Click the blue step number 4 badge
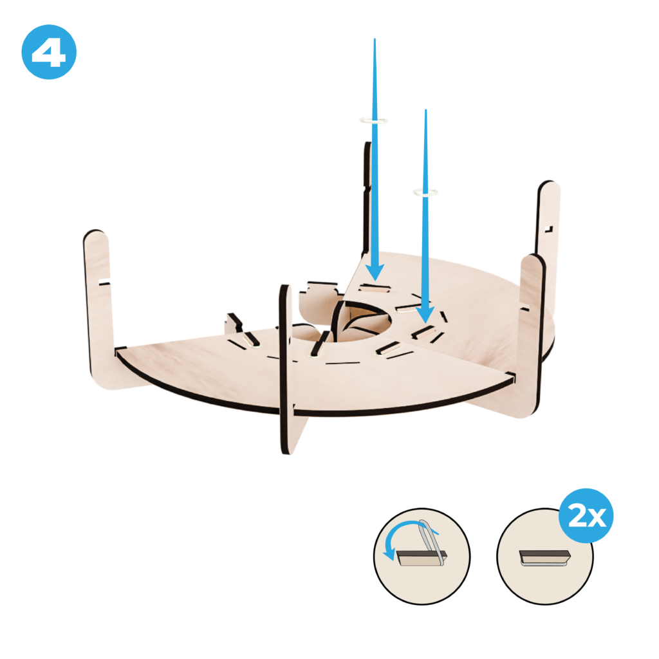point(49,52)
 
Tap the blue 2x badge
point(586,515)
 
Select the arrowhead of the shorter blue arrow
point(425,314)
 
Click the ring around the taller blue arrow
point(373,121)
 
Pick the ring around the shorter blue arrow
point(426,193)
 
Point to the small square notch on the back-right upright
point(548,229)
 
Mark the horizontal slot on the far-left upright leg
point(104,282)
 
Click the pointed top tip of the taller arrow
point(375,39)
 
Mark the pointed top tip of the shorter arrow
point(426,110)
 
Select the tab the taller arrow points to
point(375,288)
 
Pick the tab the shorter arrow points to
point(425,333)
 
